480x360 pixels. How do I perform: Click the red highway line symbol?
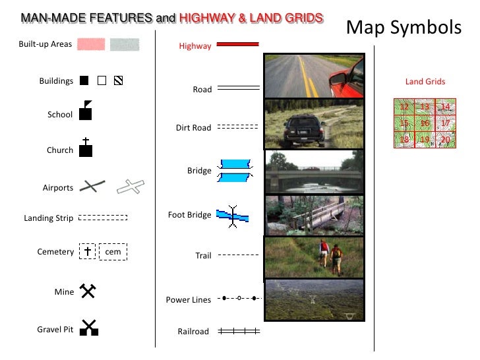coord(237,44)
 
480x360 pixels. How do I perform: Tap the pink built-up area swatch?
coord(91,44)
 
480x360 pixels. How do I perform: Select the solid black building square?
coord(84,81)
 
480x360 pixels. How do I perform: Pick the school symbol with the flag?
coord(85,111)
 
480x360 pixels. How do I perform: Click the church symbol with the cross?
coord(85,149)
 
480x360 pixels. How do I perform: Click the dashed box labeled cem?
coord(113,251)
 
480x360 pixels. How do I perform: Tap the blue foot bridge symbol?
coord(232,215)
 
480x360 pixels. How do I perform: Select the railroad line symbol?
coord(239,332)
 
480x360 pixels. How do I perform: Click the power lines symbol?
coord(239,298)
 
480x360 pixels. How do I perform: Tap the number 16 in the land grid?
coord(425,123)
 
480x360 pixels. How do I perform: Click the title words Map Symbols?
coord(404,27)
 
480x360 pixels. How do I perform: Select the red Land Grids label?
coord(425,82)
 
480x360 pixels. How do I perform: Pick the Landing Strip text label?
coord(48,218)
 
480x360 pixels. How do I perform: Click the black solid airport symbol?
coord(93,187)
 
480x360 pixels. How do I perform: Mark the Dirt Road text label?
coord(193,128)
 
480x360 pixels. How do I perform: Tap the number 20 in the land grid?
coord(446,140)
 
